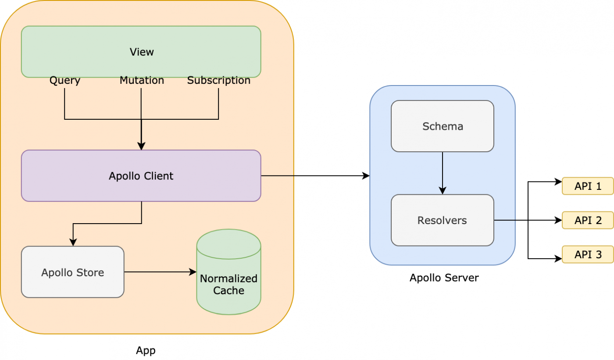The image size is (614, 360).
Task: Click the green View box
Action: pos(141,52)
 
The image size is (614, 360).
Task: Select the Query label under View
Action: pos(64,81)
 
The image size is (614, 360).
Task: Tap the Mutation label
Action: pos(142,81)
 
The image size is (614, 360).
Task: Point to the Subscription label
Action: pos(218,81)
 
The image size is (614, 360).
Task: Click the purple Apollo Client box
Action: pos(141,176)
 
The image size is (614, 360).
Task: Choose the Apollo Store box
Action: pos(73,272)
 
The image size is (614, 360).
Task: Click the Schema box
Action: pos(443,126)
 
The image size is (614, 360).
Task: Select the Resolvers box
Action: pos(443,220)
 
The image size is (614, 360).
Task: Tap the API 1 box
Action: pos(588,186)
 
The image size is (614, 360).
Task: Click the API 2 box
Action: pos(588,220)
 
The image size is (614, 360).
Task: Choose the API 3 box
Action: pos(588,254)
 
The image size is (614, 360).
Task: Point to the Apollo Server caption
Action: pos(444,278)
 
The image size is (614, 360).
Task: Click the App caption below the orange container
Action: pos(146,350)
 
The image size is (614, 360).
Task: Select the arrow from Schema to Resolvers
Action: pos(443,173)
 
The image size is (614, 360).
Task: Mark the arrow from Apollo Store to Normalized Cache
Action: pos(160,272)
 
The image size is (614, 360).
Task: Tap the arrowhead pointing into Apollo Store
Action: pos(73,242)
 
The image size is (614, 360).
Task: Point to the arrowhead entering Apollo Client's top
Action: pos(141,146)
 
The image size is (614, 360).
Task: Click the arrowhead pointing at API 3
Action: pos(559,259)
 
